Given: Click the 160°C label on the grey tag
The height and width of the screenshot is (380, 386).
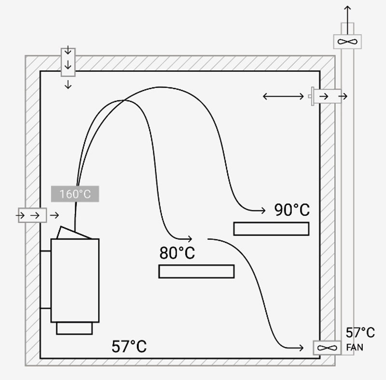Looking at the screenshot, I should click(x=75, y=194).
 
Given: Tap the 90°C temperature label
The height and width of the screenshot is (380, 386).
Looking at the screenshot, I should click(x=292, y=210).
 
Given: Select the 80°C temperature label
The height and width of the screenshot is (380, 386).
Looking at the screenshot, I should click(x=177, y=253).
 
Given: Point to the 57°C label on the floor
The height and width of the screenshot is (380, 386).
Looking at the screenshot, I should click(x=129, y=346).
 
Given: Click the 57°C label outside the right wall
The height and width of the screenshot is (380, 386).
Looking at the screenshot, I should click(x=360, y=333).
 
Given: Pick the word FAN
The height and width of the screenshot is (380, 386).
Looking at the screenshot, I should click(x=355, y=347).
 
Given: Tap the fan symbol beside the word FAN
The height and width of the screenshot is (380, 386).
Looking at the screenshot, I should click(x=327, y=348).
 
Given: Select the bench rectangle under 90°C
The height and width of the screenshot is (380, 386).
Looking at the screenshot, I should click(x=271, y=228).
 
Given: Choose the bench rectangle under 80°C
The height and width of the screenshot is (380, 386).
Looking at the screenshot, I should click(x=196, y=271).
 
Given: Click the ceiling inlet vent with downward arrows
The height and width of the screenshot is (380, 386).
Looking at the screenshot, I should click(x=68, y=62).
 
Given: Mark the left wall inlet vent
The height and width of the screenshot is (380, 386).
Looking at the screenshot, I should click(x=32, y=215).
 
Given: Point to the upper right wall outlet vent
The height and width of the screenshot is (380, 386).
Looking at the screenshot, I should click(x=327, y=96).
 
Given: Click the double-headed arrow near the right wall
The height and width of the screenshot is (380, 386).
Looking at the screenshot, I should click(x=283, y=97).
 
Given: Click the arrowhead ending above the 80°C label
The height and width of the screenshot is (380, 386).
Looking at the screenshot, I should click(x=191, y=239).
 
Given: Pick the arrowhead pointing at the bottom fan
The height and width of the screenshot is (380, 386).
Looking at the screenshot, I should click(x=302, y=347).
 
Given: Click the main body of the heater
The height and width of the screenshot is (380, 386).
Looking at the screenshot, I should click(x=75, y=280).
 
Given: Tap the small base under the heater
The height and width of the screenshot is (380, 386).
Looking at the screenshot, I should click(x=74, y=328).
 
